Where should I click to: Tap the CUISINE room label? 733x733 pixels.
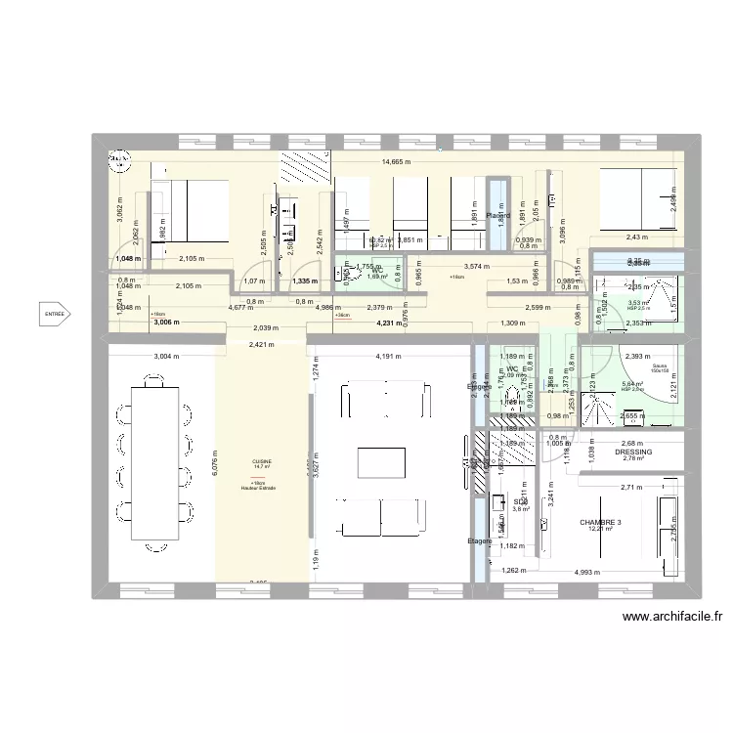pos(262,461)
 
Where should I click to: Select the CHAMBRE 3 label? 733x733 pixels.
pos(600,522)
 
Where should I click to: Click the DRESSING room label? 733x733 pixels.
pos(633,453)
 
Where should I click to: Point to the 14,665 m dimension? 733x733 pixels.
pos(396,162)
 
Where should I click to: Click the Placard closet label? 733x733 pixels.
pos(499,216)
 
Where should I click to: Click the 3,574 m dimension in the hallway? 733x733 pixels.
pos(476,266)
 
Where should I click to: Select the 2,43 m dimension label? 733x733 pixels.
pos(638,237)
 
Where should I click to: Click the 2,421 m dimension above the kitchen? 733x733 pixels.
pos(262,344)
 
